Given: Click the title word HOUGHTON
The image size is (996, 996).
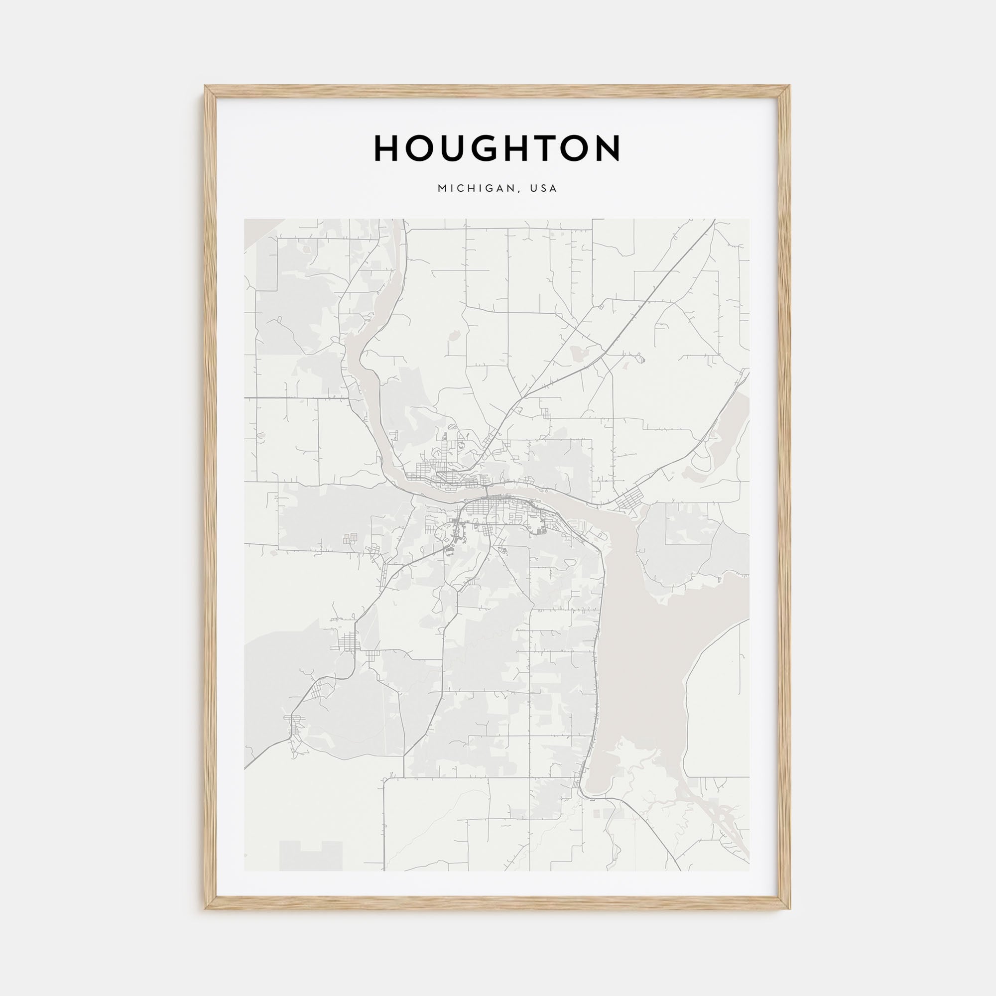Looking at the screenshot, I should tap(498, 148).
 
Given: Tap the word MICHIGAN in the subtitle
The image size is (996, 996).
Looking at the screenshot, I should tap(474, 189).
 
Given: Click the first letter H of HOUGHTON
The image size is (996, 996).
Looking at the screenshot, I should tap(386, 148).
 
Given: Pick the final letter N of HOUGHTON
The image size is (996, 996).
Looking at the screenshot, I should tap(609, 148).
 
